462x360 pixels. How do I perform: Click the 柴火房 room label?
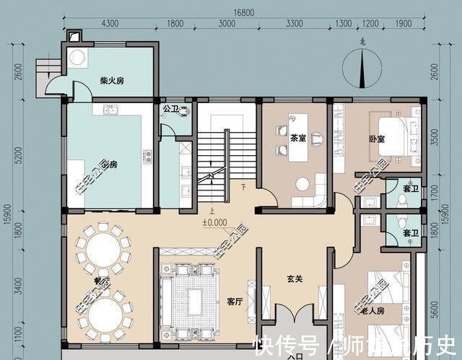112,81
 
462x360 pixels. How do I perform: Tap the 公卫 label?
170,110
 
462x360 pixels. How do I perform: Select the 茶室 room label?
299,138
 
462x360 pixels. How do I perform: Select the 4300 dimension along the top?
110,24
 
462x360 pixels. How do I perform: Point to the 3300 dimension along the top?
294,24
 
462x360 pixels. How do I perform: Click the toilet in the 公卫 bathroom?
186,113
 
